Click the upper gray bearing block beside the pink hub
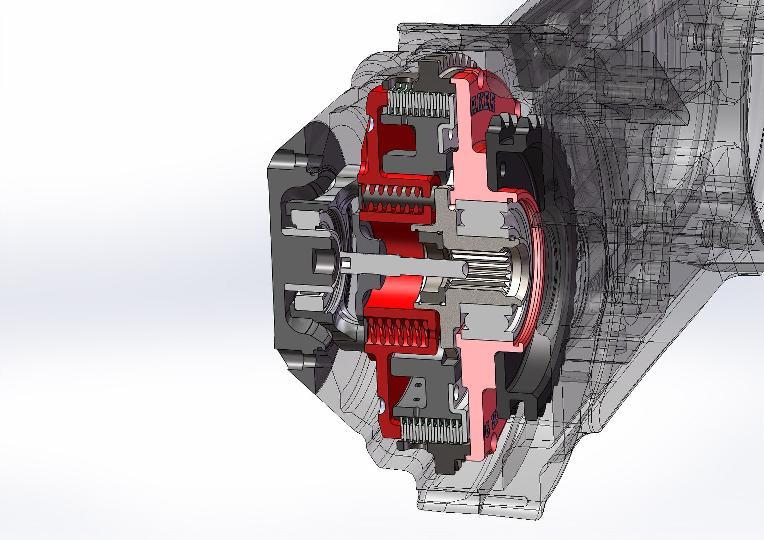click(483, 220)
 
